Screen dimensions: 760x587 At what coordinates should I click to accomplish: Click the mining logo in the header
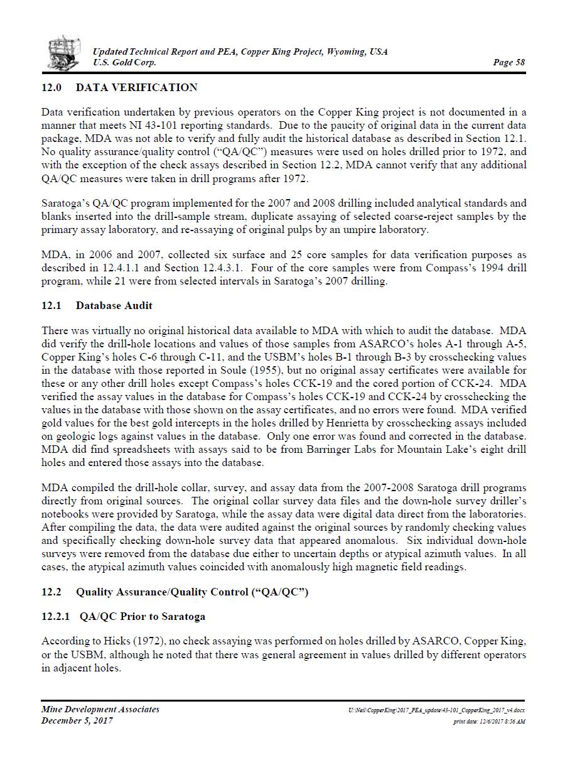click(64, 53)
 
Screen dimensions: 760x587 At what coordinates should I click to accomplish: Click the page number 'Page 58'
click(509, 62)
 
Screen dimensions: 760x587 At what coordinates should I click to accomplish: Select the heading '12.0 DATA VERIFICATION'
click(119, 87)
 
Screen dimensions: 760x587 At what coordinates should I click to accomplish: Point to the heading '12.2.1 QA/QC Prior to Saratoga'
click(123, 616)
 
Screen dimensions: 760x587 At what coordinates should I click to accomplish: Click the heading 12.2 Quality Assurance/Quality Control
click(175, 592)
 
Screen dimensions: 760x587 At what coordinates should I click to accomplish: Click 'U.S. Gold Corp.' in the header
click(124, 62)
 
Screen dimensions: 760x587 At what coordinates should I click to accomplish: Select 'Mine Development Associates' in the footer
click(100, 709)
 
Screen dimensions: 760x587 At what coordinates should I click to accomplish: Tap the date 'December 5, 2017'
click(77, 720)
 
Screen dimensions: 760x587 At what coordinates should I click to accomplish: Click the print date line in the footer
click(489, 722)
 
